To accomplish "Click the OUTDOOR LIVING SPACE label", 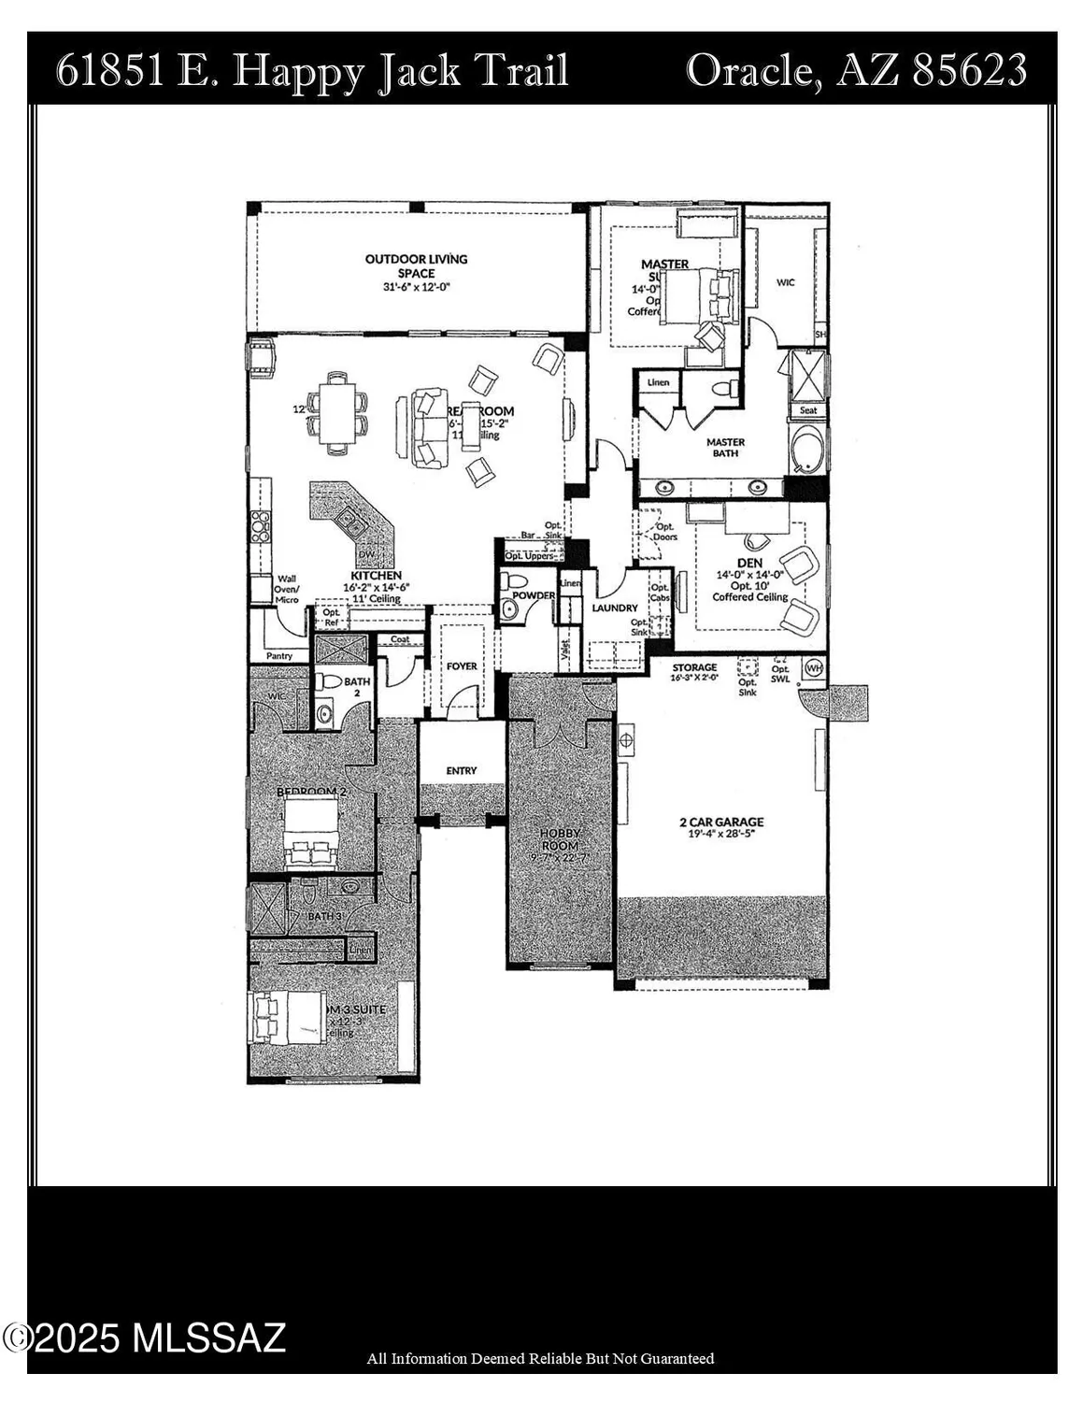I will pos(416,266).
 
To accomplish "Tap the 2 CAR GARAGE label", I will pos(720,823).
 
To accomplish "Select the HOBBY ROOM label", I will pos(561,838).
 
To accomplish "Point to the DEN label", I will pos(749,564).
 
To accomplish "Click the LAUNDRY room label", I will pos(615,608).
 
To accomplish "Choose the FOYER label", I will pos(462,666).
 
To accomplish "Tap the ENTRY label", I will pos(462,771).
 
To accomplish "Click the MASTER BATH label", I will pos(725,448).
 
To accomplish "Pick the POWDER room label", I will pos(534,595).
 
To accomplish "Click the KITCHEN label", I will pos(376,576).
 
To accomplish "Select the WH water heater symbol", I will pos(814,668).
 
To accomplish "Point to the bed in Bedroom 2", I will pos(312,832).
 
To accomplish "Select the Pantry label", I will pos(279,656).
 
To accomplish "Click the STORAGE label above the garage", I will pos(694,668).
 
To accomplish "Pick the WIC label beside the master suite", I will pos(785,282).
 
